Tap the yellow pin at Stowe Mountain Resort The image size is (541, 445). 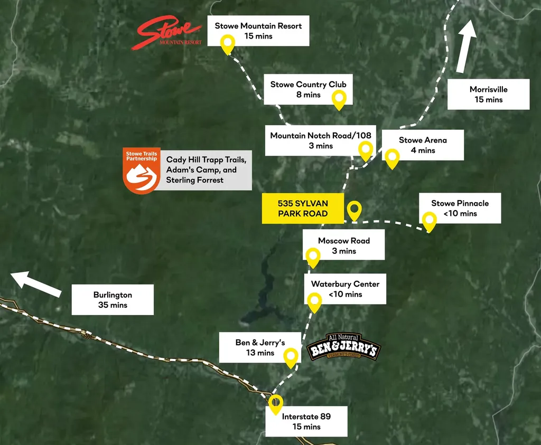tap(228, 44)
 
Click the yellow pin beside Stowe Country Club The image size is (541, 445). tap(339, 99)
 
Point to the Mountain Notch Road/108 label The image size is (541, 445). tap(320, 140)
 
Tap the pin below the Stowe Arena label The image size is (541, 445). tap(391, 157)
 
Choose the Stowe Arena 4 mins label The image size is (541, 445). tap(423, 145)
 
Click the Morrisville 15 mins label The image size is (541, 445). tap(488, 94)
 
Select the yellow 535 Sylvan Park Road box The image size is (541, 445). tap(303, 209)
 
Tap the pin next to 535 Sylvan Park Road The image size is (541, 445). tap(354, 211)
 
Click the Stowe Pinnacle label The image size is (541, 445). tap(460, 208)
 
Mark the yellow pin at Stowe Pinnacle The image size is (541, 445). tap(430, 221)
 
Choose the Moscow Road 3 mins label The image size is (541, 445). tap(344, 245)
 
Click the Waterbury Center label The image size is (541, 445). tap(345, 289)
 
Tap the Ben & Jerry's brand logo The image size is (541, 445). tap(344, 347)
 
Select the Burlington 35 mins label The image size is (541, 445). tap(113, 300)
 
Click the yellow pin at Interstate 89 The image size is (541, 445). tap(275, 404)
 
